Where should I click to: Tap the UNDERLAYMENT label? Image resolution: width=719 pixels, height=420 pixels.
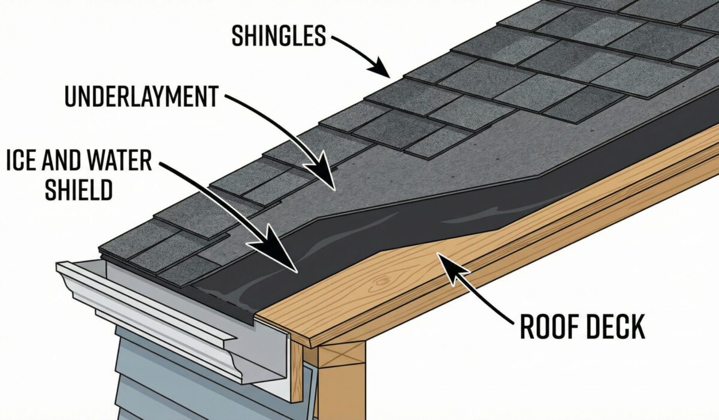(141, 97)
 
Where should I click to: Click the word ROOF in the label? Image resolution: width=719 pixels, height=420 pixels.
(545, 328)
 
